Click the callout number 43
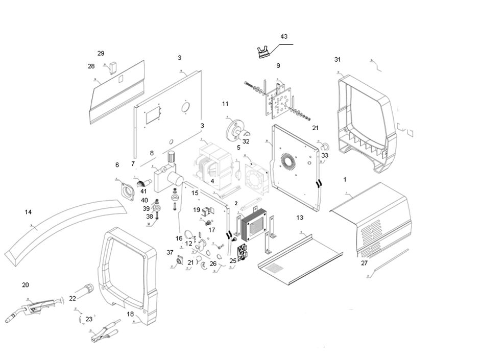284,37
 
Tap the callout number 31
337,60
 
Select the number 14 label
28,211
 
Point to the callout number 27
364,263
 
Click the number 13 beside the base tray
300,218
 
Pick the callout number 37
170,252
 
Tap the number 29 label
101,54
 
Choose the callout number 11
225,104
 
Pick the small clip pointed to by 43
263,53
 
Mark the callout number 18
130,314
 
